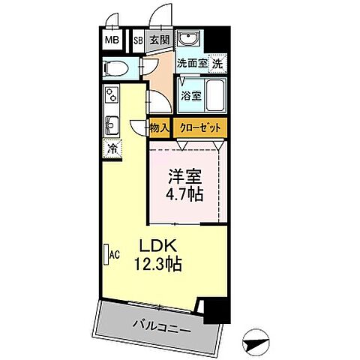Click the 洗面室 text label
[191, 64]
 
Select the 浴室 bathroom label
[191, 95]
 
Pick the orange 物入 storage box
[159, 128]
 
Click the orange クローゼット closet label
[199, 128]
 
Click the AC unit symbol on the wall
[108, 254]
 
